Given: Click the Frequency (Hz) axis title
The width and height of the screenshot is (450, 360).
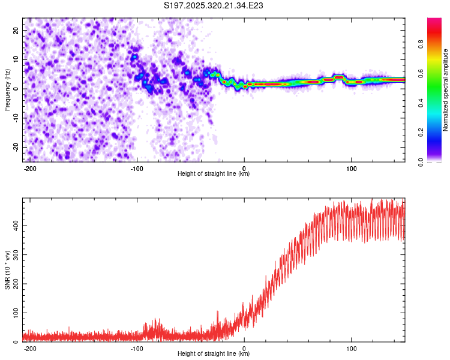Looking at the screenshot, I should coord(7,89).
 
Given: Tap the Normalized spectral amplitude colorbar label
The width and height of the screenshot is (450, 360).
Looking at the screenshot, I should coord(446,89).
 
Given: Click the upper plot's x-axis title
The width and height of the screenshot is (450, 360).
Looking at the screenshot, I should coord(214,173).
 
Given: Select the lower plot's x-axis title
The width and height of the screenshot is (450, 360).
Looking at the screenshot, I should coord(214,353).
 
